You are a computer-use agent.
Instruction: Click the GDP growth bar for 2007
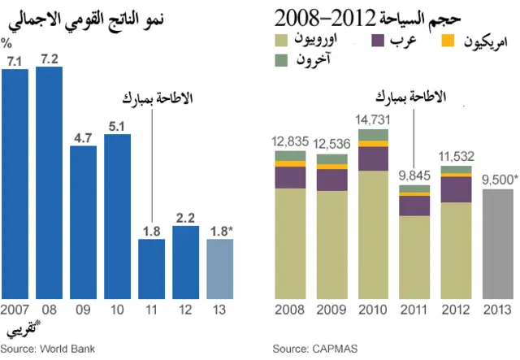point(15,184)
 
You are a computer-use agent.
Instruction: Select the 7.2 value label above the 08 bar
point(49,59)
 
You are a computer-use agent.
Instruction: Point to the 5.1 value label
point(117,126)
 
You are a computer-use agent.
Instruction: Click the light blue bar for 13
point(219,268)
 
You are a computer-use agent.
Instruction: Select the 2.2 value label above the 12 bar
point(185,218)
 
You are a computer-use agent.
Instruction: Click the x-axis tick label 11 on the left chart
point(151,310)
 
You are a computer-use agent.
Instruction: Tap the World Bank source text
point(48,349)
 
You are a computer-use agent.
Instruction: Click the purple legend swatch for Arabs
point(379,39)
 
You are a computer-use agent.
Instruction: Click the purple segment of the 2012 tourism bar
point(456,189)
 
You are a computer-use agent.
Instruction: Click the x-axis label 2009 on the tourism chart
point(331,310)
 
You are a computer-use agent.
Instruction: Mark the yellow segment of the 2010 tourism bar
point(374,144)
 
